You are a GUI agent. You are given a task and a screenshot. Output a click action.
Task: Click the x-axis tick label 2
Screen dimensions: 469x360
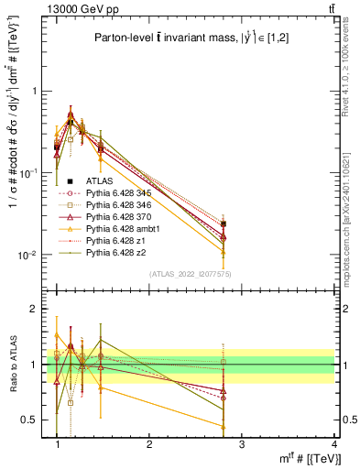tap(149, 443)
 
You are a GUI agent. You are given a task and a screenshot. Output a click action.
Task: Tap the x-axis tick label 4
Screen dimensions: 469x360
tap(335, 443)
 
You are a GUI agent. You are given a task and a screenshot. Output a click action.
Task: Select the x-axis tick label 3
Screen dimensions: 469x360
tap(242, 443)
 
